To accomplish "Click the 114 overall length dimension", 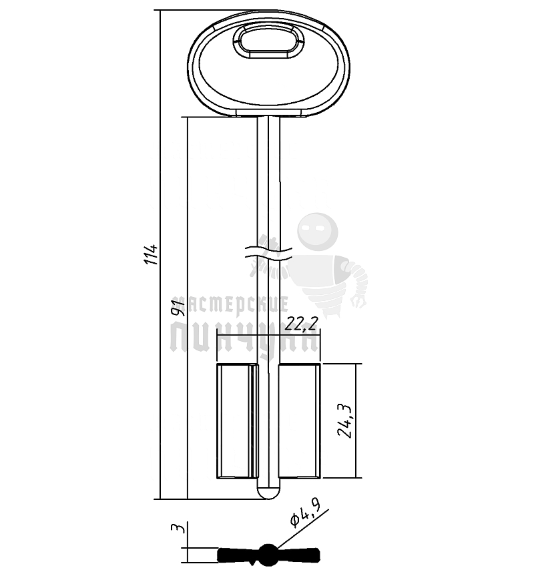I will [153, 254].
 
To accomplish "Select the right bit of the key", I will [300, 421].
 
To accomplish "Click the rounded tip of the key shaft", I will [268, 493].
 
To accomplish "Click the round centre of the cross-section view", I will [268, 553].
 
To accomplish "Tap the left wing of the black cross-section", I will [237, 553].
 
